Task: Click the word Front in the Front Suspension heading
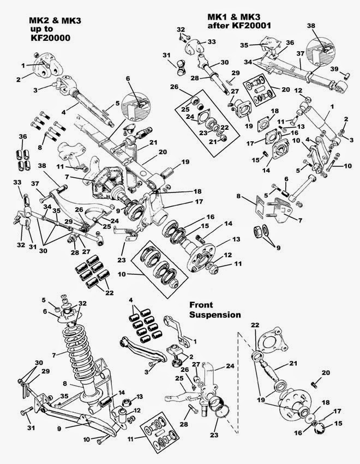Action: pyautogui.click(x=201, y=305)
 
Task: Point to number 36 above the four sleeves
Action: pyautogui.click(x=23, y=136)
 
